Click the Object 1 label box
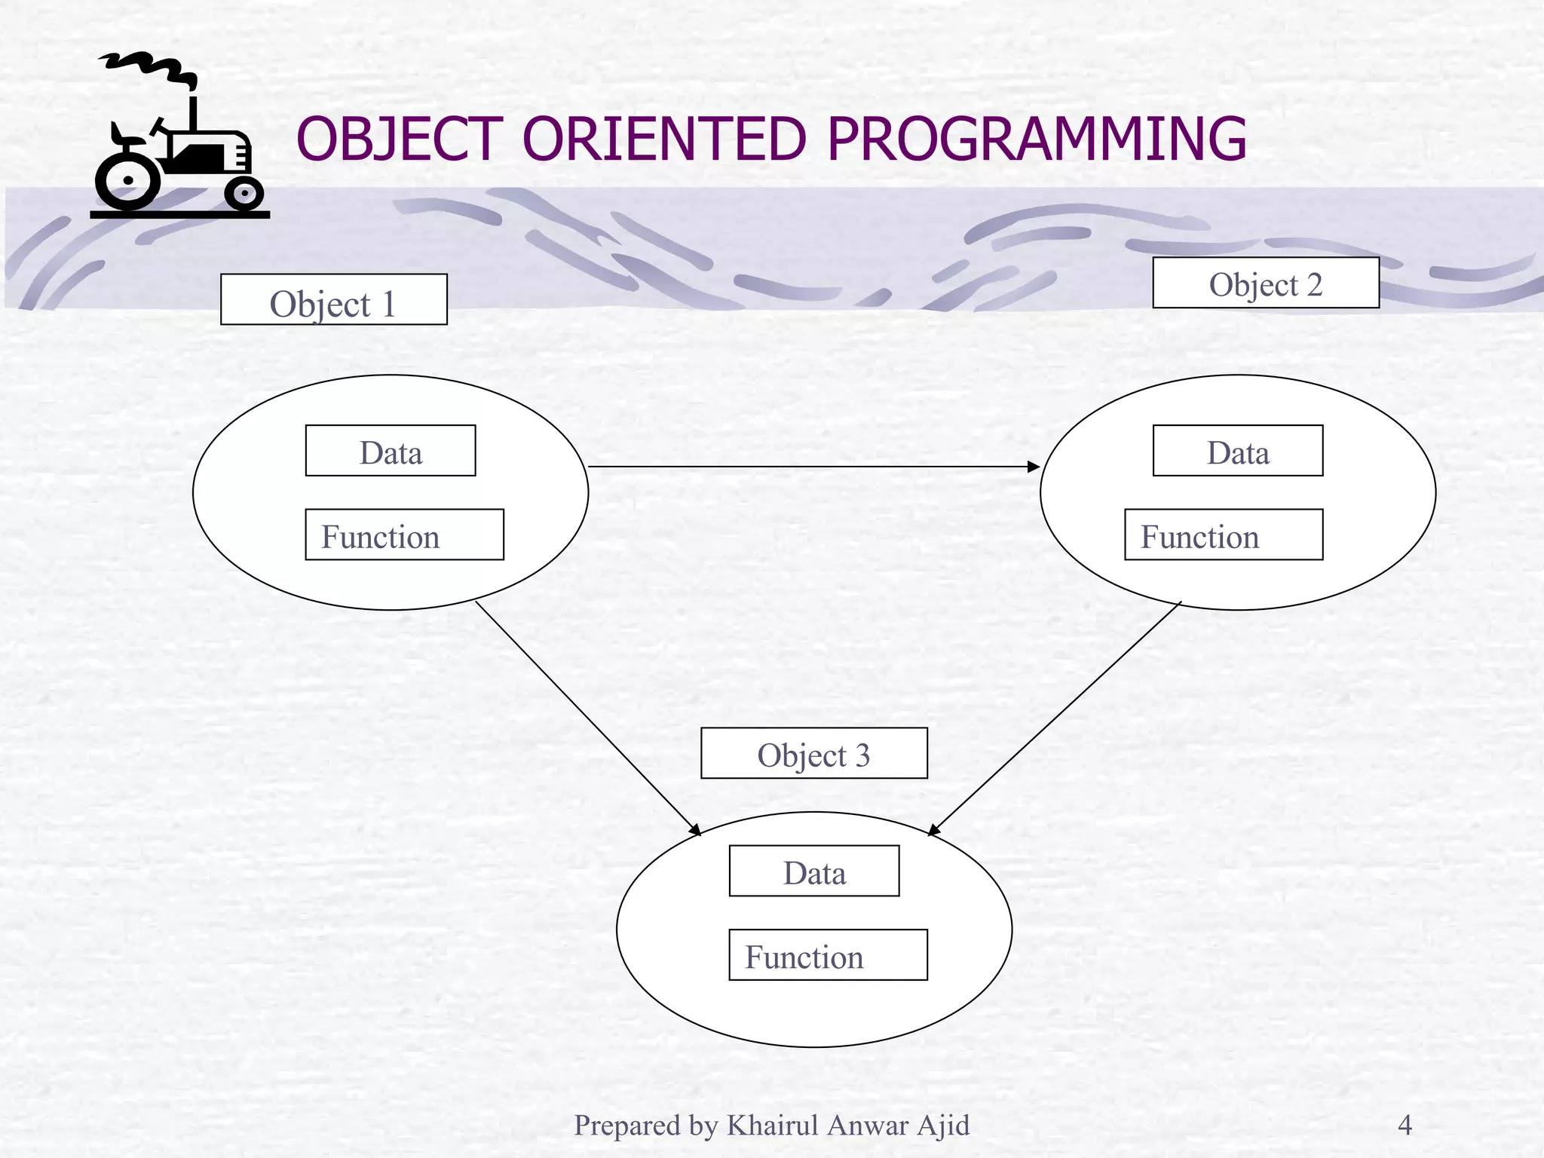[x=333, y=299]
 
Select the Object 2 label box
[x=1265, y=283]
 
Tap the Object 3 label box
[x=813, y=753]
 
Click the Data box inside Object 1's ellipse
[x=390, y=451]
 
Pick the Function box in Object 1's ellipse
[x=404, y=535]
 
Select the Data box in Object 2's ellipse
[x=1237, y=451]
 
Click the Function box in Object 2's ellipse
[x=1223, y=535]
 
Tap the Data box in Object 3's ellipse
[x=813, y=871]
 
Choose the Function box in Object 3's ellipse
[x=828, y=954]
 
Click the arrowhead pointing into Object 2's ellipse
[x=1034, y=467]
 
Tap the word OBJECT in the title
[x=400, y=139]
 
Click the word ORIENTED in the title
[x=664, y=139]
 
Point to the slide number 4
[x=1405, y=1125]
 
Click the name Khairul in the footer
[x=772, y=1125]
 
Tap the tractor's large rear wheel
[x=127, y=181]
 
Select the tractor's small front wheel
[x=244, y=195]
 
